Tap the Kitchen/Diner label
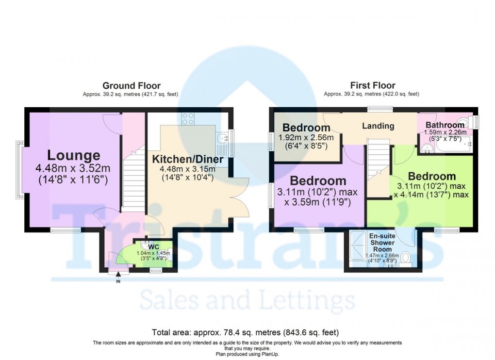188,159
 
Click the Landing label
378,126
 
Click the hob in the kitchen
188,118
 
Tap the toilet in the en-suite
407,256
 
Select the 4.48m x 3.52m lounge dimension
74,169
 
